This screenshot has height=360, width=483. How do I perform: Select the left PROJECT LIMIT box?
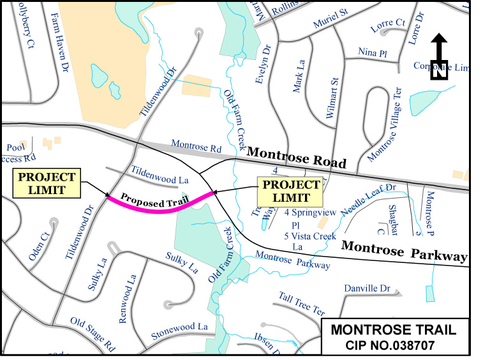pos(47,183)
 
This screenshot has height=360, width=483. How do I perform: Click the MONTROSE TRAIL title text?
pos(393,330)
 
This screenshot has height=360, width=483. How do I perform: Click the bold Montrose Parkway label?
pos(404,251)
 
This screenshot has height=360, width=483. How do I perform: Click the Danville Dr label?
pos(367,289)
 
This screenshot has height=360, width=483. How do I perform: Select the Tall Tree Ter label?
pos(301,303)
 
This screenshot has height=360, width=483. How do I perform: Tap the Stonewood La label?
pos(180,331)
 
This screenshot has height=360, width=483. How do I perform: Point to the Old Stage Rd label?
pos(92,334)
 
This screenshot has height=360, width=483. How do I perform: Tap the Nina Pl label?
pos(373,52)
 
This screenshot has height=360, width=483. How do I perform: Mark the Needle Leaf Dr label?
pos(368,198)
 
